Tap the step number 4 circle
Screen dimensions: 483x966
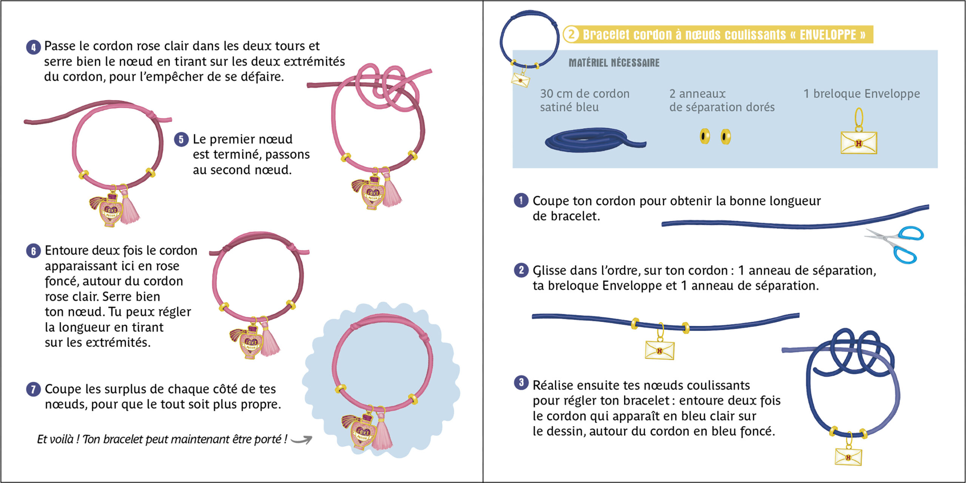coord(33,47)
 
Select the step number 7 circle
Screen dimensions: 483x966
coord(33,389)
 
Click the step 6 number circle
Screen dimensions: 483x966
coord(33,251)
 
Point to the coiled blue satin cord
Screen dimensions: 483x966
coord(592,140)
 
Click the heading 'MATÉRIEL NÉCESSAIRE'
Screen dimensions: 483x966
coord(614,63)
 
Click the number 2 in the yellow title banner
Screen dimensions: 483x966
coord(571,34)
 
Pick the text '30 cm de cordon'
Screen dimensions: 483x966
coord(585,94)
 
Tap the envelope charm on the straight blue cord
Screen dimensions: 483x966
coord(660,349)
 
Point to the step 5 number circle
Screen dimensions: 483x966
coord(181,140)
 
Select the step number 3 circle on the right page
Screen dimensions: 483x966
coord(521,383)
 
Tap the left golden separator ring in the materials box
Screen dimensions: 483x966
coord(705,136)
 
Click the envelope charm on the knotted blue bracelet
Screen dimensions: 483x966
coord(848,456)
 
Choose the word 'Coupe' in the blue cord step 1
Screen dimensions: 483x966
coord(550,201)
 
